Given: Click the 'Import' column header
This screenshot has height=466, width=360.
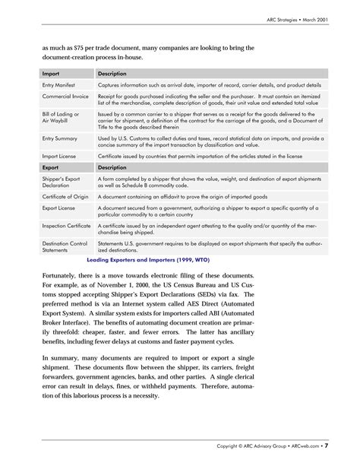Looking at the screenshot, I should click(x=51, y=73).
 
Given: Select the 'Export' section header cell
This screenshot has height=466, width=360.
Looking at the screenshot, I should click(x=51, y=166).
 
